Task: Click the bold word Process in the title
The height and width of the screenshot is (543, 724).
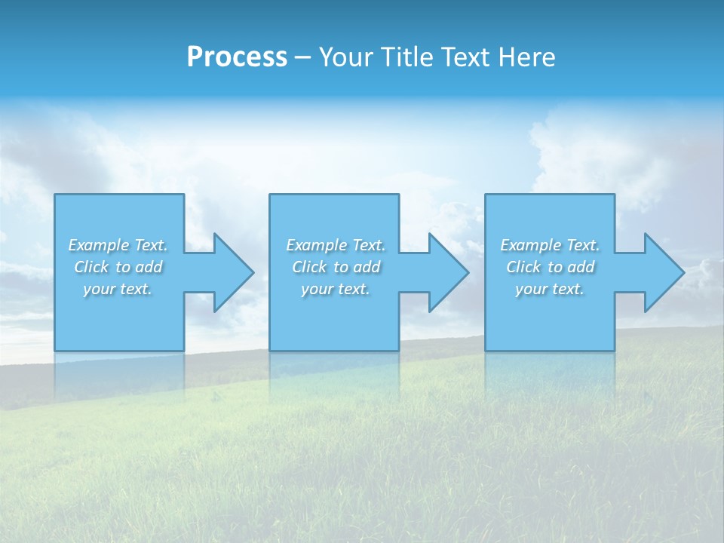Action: point(237,57)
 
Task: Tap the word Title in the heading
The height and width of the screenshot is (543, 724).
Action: point(408,57)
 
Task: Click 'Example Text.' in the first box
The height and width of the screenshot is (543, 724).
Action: point(118,245)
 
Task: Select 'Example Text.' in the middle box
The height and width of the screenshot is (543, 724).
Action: point(335,245)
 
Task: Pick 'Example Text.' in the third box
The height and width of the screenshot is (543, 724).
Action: point(550,245)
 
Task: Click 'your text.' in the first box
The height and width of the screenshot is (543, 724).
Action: point(118,289)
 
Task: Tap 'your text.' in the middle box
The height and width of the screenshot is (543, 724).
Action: point(335,289)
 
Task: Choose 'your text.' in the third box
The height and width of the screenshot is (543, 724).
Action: point(550,289)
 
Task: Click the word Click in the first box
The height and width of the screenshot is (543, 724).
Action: point(91,267)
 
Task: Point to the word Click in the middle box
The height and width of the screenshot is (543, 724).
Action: point(309,267)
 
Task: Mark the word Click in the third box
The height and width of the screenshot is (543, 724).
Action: point(523,267)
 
